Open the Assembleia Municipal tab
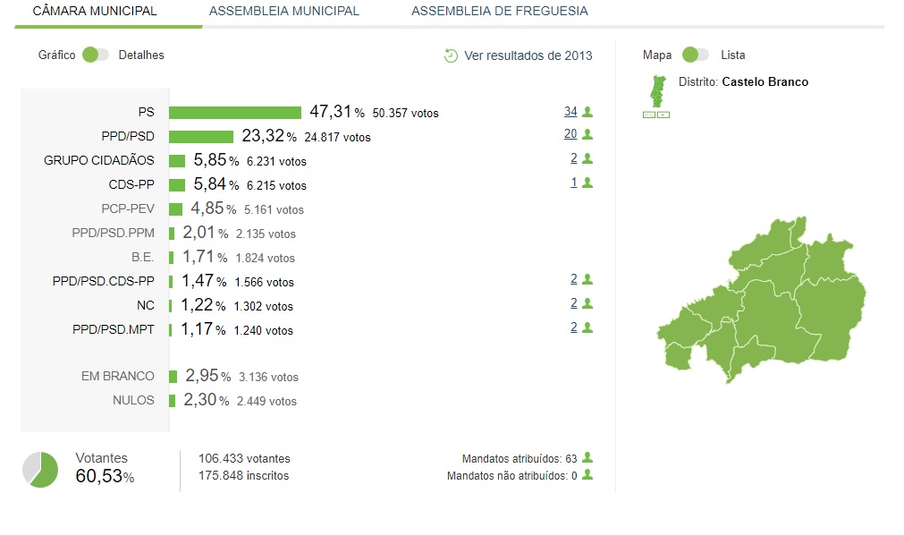pyautogui.click(x=283, y=12)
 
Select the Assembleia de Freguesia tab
pyautogui.click(x=500, y=12)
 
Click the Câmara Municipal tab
pyautogui.click(x=95, y=12)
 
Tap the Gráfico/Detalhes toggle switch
pyautogui.click(x=95, y=55)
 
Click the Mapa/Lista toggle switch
pyautogui.click(x=695, y=55)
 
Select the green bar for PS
pyautogui.click(x=235, y=113)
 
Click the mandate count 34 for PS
pyautogui.click(x=570, y=112)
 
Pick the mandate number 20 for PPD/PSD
pyautogui.click(x=570, y=134)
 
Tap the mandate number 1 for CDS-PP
pyautogui.click(x=572, y=183)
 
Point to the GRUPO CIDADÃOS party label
pyautogui.click(x=99, y=161)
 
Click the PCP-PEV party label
pyautogui.click(x=128, y=209)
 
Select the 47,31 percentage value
pyautogui.click(x=331, y=113)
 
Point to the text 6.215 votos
pyautogui.click(x=276, y=186)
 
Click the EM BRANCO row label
pyautogui.click(x=118, y=377)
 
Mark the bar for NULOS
pyautogui.click(x=173, y=401)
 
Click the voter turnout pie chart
pyautogui.click(x=40, y=470)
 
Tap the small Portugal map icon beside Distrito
pyautogui.click(x=656, y=90)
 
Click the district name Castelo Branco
pyautogui.click(x=765, y=82)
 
